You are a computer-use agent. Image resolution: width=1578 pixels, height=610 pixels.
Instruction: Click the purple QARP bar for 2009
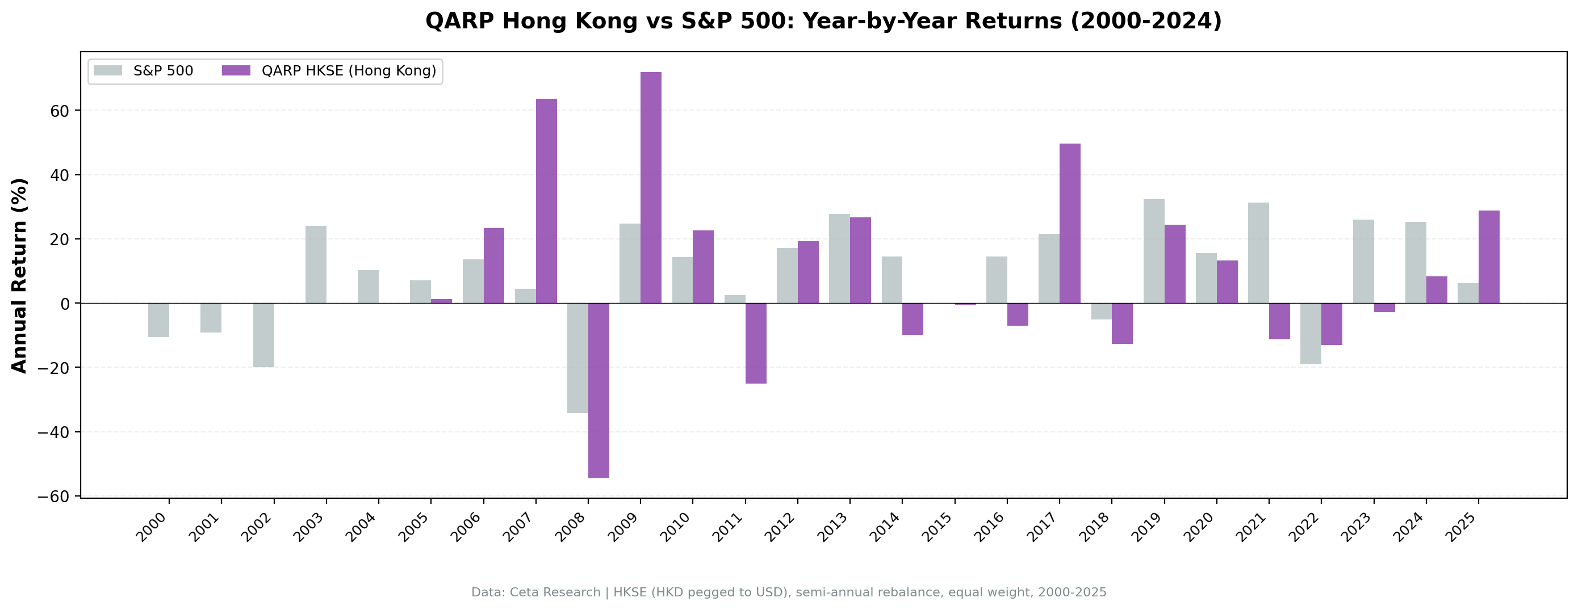(651, 187)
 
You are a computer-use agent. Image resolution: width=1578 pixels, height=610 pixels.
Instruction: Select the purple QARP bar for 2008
(598, 390)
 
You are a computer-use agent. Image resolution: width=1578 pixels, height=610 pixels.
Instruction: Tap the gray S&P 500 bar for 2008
(577, 357)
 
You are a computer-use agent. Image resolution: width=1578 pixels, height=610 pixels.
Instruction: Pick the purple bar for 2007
(546, 201)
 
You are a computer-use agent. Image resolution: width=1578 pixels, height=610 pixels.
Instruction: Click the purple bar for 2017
(1070, 224)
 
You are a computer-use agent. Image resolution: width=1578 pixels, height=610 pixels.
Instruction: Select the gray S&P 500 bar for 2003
(316, 264)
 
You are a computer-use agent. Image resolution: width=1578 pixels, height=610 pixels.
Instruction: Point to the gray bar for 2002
(263, 335)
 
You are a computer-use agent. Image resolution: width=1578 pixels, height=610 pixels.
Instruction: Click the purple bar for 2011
(755, 343)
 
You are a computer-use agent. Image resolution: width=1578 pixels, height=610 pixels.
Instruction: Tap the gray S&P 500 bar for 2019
(1153, 251)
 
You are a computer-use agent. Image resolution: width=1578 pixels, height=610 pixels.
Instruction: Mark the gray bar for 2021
(1258, 253)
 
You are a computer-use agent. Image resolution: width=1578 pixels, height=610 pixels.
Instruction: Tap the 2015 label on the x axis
(938, 527)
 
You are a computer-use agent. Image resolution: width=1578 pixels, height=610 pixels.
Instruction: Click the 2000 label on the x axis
(151, 527)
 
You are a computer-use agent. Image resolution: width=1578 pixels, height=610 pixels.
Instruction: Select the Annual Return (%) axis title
(20, 276)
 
